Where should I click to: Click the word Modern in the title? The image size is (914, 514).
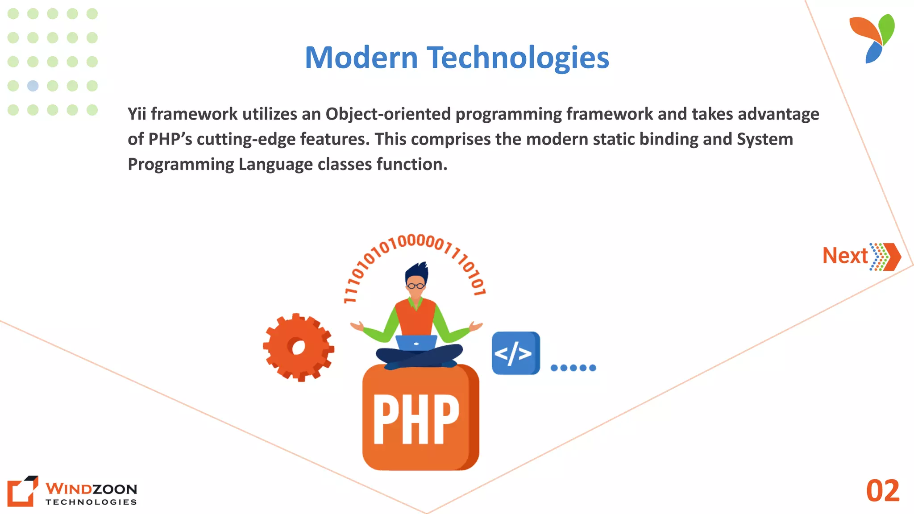pos(361,58)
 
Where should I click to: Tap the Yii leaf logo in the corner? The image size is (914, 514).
pos(873,38)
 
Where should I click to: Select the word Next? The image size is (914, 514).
pos(845,256)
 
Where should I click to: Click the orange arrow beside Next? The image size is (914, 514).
pos(891,257)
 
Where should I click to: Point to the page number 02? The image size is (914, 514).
pos(882,491)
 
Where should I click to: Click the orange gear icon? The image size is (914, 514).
pos(298,347)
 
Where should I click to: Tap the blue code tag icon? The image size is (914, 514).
pos(515,353)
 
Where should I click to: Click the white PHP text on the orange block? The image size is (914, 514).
pos(416,419)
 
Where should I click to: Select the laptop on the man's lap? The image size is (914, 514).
pos(416,343)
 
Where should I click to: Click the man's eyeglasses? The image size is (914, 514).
pos(415,286)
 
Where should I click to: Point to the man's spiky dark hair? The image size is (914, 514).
pos(417,271)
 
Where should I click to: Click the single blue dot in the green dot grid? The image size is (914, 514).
pos(33,86)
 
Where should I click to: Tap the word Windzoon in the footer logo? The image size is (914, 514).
pos(91,489)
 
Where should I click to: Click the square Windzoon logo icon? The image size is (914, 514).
pos(22,491)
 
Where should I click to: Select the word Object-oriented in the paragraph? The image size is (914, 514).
pos(388,114)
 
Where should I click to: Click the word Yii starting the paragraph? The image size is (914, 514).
pos(137,114)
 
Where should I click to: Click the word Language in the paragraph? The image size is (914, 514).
pos(275,164)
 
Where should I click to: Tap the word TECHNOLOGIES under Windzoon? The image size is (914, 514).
pos(91,502)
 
